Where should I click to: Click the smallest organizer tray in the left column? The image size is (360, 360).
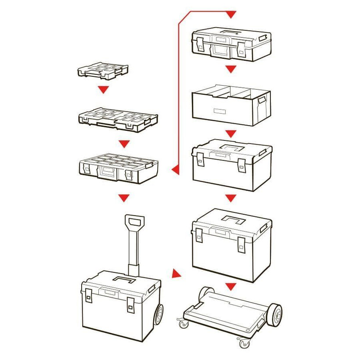click(x=103, y=70)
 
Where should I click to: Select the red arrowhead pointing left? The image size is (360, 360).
click(x=175, y=168)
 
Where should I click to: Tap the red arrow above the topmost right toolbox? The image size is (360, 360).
click(x=231, y=14)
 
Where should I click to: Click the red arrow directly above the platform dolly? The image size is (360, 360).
click(x=231, y=286)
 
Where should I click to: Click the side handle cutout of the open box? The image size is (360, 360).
click(x=262, y=101)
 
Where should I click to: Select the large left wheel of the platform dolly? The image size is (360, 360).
click(x=206, y=293)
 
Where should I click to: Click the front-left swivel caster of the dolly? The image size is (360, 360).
click(x=182, y=324)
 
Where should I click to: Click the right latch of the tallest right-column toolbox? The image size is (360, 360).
click(x=241, y=245)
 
